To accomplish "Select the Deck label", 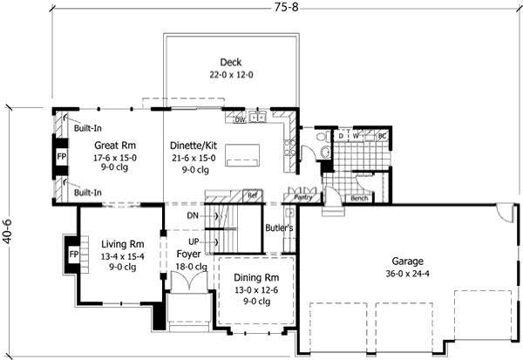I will click(231, 63).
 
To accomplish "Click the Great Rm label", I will click(115, 145).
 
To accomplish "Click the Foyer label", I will click(189, 254).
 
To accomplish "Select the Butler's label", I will click(280, 228).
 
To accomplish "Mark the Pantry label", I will click(303, 198).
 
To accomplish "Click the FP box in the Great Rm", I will click(62, 158).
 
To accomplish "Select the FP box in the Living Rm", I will click(73, 256).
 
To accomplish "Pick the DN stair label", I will click(194, 214).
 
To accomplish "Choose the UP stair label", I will click(194, 241).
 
